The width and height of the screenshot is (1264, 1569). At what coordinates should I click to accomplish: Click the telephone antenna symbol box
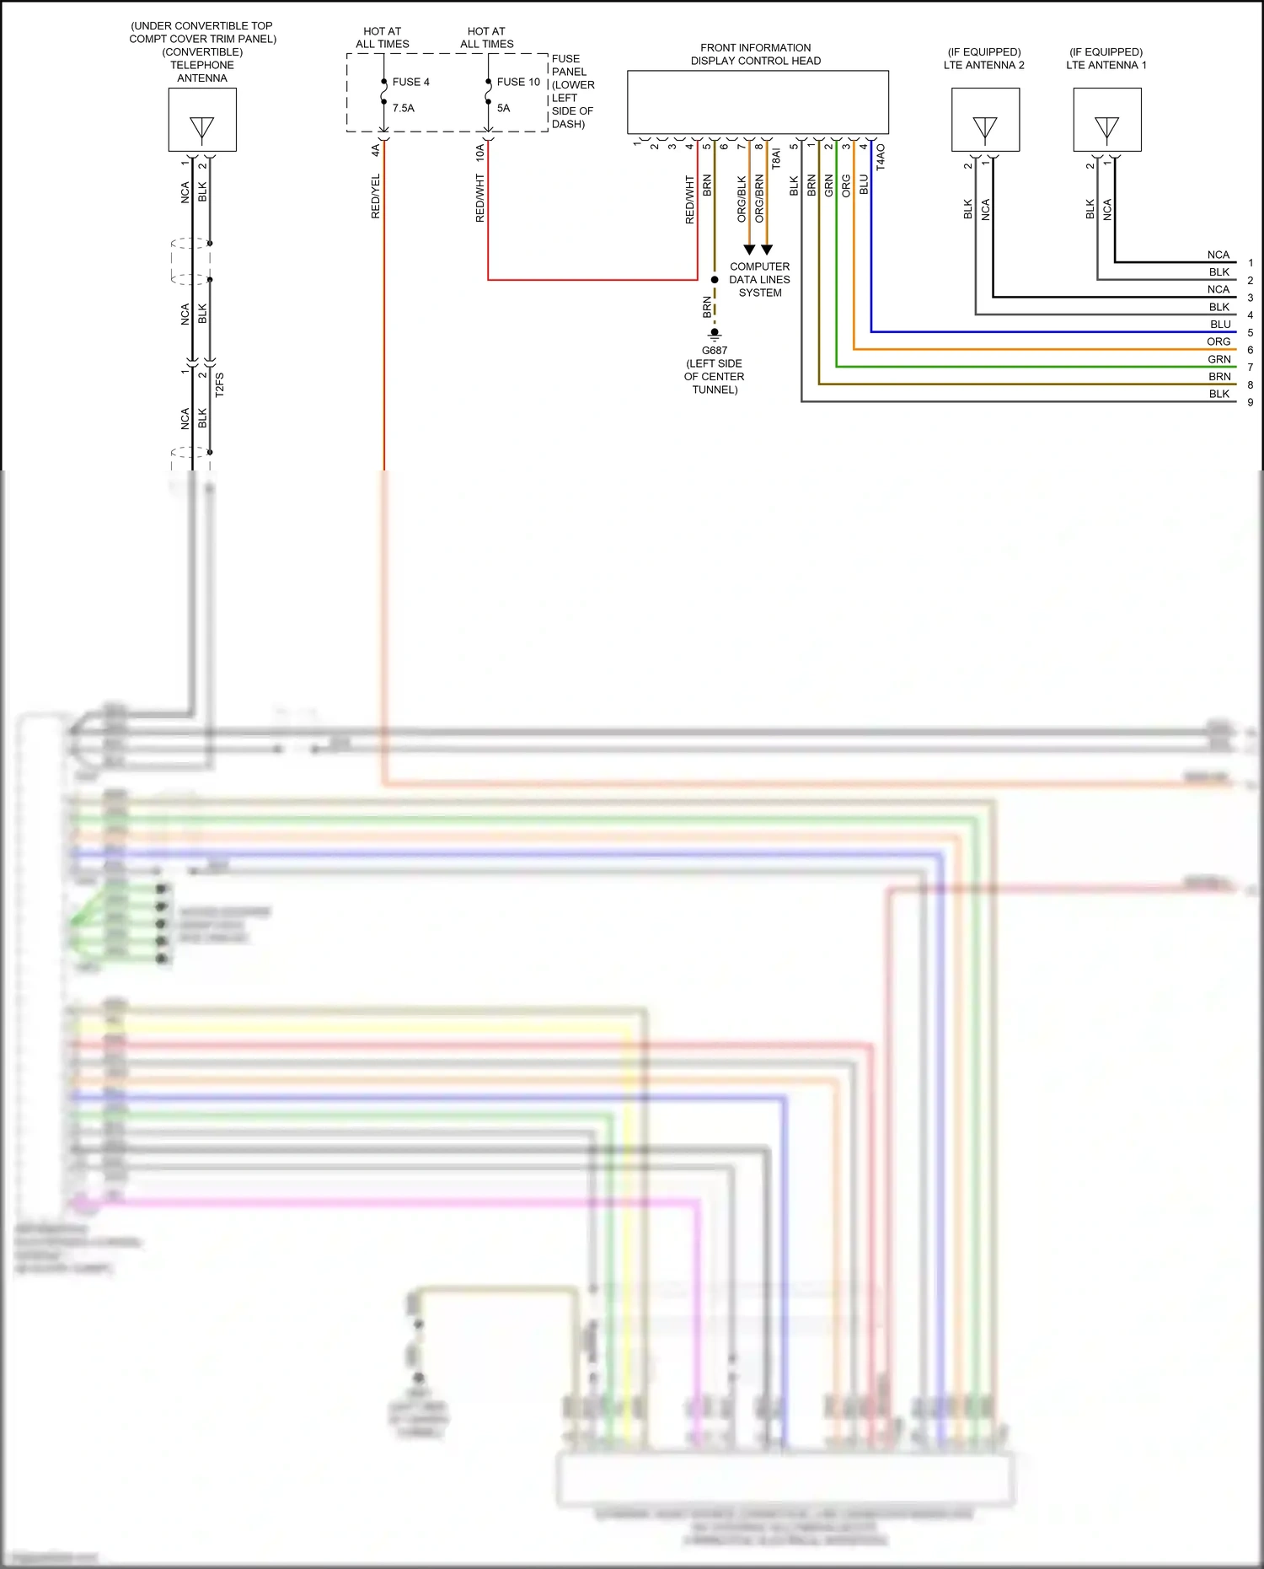pyautogui.click(x=202, y=120)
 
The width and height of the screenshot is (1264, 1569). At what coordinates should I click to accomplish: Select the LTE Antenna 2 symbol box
pyautogui.click(x=985, y=120)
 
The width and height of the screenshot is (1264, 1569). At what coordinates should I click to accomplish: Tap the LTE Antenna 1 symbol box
pyautogui.click(x=1106, y=120)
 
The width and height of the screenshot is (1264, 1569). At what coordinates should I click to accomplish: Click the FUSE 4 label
pyautogui.click(x=411, y=82)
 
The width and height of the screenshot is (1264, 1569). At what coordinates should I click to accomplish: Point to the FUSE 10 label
pyautogui.click(x=518, y=82)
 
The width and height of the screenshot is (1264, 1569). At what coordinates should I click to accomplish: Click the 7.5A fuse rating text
pyautogui.click(x=403, y=108)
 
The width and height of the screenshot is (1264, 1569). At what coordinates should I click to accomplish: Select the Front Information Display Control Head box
pyautogui.click(x=758, y=102)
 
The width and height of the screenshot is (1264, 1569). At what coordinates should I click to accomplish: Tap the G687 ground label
pyautogui.click(x=714, y=351)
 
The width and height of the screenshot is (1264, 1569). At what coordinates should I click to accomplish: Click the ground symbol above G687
pyautogui.click(x=715, y=334)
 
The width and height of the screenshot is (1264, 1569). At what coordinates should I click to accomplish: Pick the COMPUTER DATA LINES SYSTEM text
pyautogui.click(x=759, y=279)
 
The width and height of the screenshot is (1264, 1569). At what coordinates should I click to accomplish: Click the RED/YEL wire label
pyautogui.click(x=376, y=196)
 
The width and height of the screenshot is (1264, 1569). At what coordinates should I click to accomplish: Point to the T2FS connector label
pyautogui.click(x=219, y=384)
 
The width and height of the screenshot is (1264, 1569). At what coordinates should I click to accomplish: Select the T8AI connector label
pyautogui.click(x=776, y=159)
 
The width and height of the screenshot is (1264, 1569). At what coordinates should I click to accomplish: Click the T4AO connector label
pyautogui.click(x=881, y=157)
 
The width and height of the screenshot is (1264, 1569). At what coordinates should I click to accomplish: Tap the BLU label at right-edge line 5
pyautogui.click(x=1220, y=325)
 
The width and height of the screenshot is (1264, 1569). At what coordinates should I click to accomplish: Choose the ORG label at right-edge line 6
pyautogui.click(x=1218, y=341)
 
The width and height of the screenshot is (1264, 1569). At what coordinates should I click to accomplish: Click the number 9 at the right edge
pyautogui.click(x=1251, y=402)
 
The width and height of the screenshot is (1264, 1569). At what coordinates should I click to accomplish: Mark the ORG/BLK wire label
pyautogui.click(x=742, y=199)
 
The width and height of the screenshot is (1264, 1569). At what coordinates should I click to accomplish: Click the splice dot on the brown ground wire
pyautogui.click(x=715, y=280)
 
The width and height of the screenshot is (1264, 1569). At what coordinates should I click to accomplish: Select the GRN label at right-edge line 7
pyautogui.click(x=1219, y=359)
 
